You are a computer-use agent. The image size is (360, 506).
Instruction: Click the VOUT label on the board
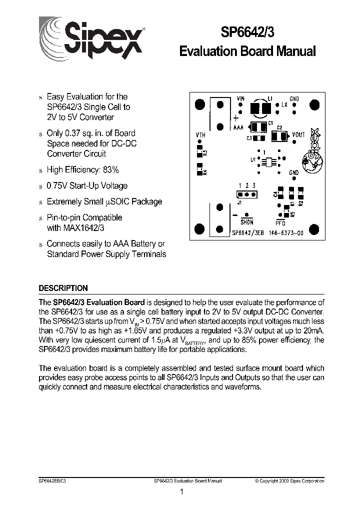298,134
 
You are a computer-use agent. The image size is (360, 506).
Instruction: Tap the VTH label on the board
200,135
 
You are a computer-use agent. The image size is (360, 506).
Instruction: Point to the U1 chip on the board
268,162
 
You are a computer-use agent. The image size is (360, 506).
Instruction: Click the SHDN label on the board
247,222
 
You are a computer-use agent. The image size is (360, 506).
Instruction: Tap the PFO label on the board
280,222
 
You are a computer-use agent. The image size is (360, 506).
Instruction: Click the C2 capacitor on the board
278,135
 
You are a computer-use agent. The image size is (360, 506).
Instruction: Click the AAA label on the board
239,128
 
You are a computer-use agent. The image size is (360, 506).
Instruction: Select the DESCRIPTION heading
63,288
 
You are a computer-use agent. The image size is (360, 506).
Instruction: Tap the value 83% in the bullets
109,169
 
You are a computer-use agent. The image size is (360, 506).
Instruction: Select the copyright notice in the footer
289,480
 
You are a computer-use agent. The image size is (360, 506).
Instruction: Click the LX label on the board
284,105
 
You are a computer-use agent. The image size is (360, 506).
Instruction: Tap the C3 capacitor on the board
258,138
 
